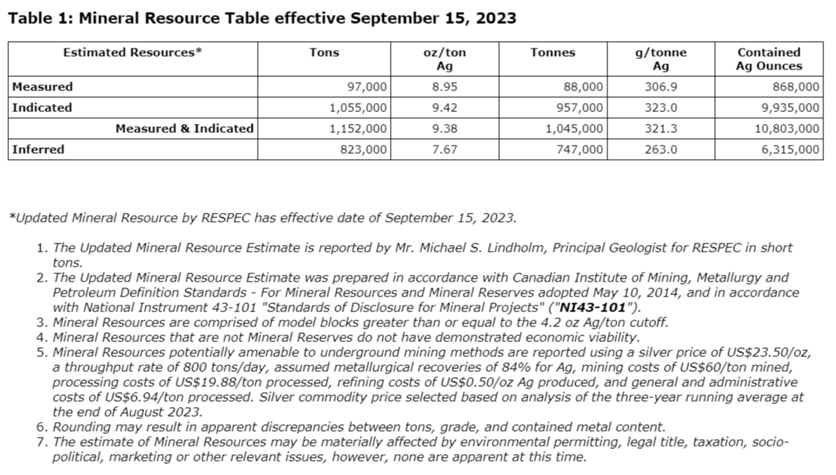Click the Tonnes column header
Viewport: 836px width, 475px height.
553,52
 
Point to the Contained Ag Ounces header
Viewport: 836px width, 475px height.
769,59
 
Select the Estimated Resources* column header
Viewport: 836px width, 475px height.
133,52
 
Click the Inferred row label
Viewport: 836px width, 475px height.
38,149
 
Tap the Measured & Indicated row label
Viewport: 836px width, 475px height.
185,128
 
